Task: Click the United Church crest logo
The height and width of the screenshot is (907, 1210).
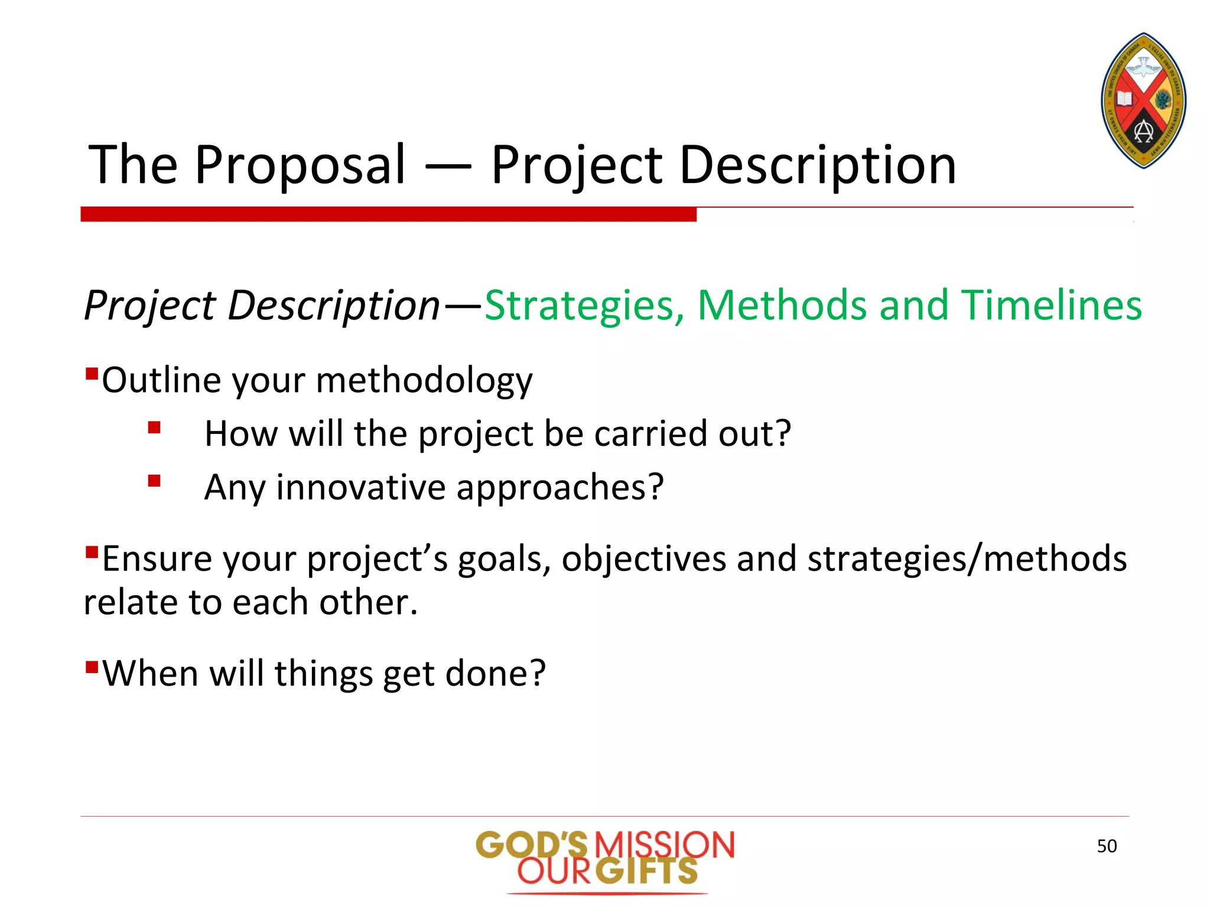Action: coord(1144,100)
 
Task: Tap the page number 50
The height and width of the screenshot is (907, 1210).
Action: coord(1107,846)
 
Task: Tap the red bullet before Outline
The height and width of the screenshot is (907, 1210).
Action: coord(92,373)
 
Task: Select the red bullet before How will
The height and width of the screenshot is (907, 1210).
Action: coord(154,428)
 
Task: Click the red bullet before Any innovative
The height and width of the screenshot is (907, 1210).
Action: coord(154,481)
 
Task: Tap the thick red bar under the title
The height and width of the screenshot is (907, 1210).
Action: coord(388,214)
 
